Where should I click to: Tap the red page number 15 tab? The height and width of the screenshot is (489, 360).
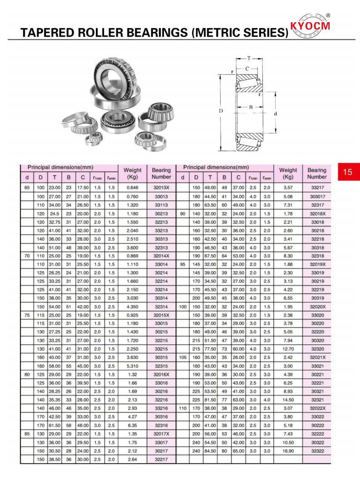348,172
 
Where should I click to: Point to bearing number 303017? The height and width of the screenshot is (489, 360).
317,196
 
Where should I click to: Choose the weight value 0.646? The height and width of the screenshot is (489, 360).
132,187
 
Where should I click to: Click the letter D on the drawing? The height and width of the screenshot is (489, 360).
221,111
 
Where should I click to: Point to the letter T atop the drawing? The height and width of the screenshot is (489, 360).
249,59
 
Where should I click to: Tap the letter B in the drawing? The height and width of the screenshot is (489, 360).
251,108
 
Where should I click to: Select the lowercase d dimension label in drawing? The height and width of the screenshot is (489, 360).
276,113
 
